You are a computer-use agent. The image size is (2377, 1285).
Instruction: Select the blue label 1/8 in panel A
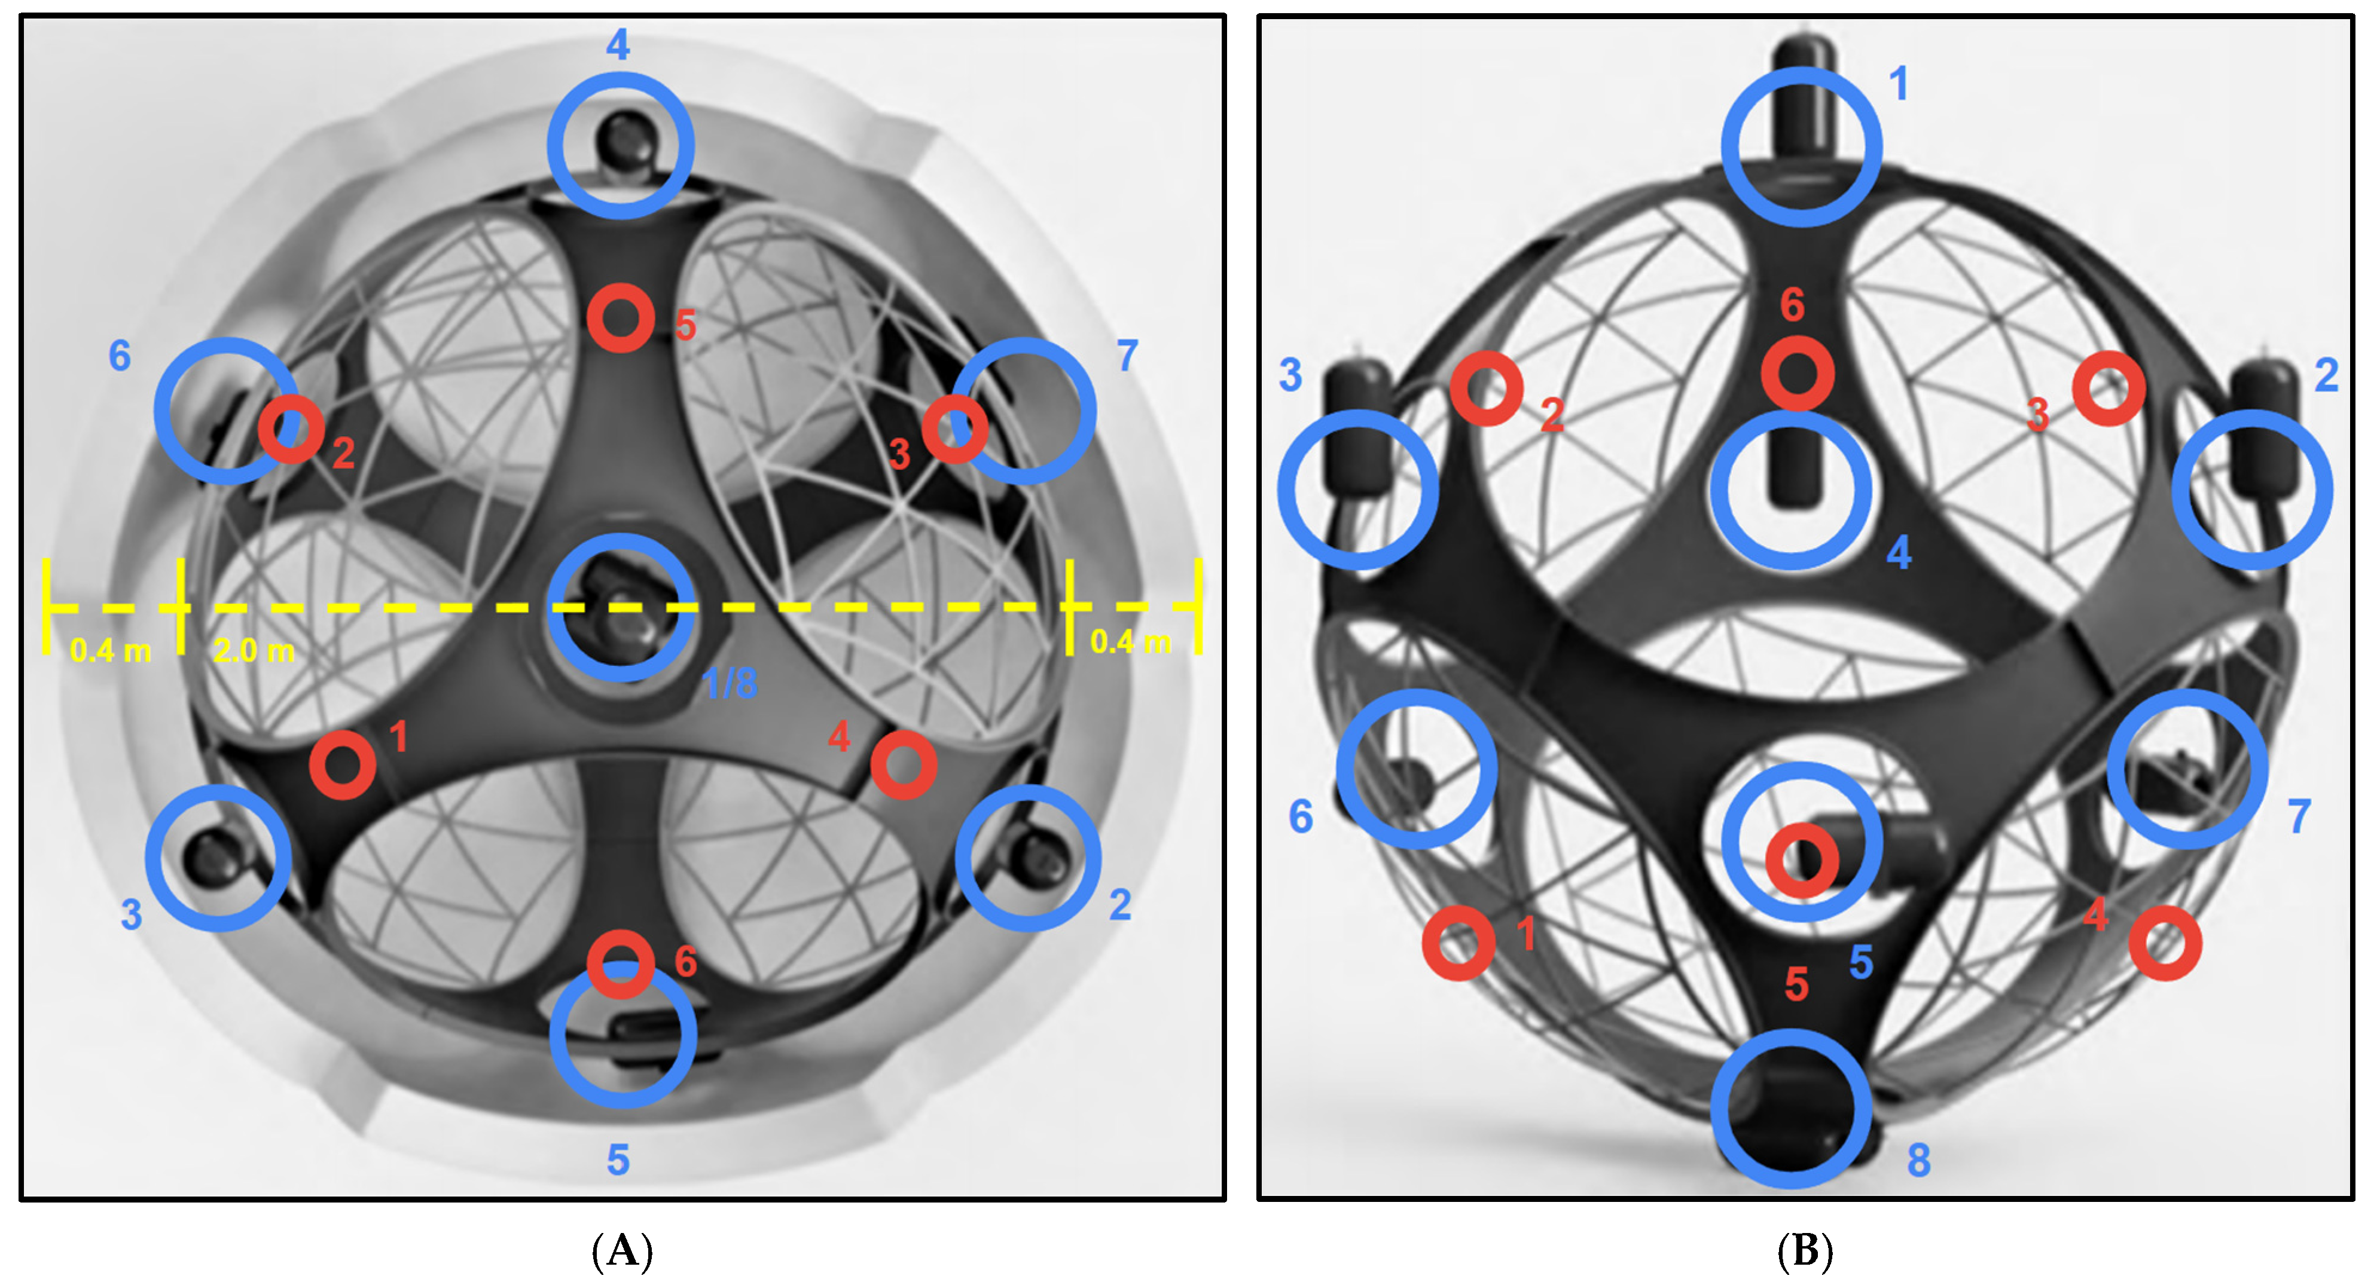(729, 684)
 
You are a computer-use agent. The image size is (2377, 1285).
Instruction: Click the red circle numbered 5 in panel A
(621, 318)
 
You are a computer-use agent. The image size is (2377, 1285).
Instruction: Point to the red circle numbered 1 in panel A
(342, 765)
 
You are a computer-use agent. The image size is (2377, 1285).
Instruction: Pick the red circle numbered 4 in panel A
(904, 765)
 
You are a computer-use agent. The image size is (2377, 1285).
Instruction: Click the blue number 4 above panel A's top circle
(618, 44)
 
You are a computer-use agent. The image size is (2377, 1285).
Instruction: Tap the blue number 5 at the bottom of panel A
(618, 1159)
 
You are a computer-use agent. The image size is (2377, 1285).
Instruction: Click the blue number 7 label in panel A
(1127, 355)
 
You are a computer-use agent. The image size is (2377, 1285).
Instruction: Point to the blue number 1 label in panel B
(1898, 84)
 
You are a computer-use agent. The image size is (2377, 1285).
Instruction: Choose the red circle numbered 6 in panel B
(1796, 374)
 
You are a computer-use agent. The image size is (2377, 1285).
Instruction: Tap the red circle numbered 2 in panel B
(1485, 388)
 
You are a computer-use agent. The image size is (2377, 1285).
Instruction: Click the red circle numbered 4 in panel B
(2165, 943)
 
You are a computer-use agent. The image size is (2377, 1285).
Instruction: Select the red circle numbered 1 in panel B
(1458, 943)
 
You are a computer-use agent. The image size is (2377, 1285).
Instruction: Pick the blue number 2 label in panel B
(2326, 375)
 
